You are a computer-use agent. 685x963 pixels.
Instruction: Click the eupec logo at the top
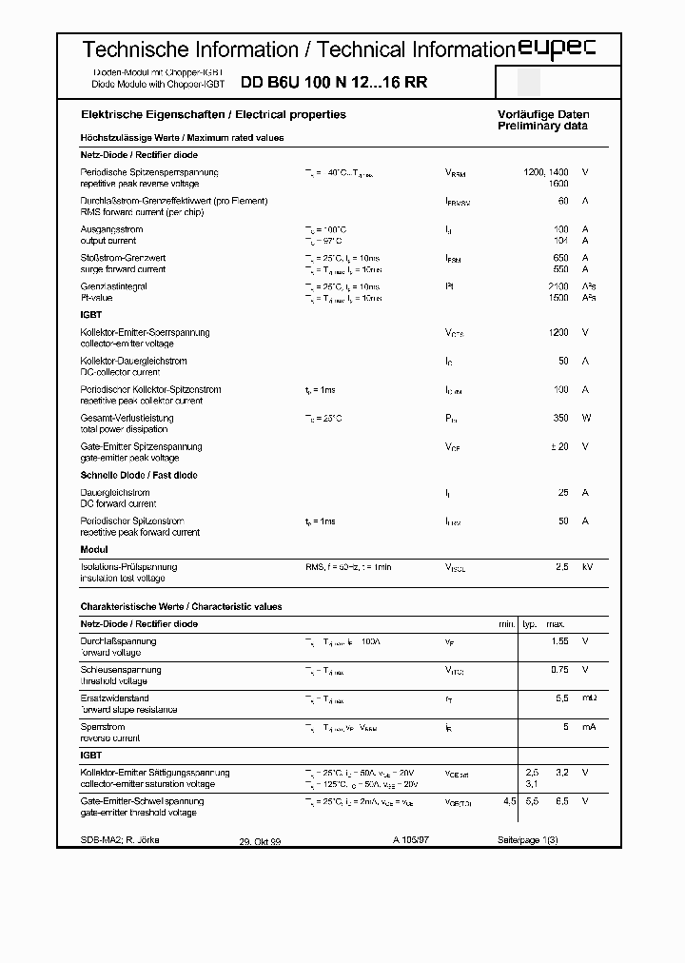pyautogui.click(x=556, y=50)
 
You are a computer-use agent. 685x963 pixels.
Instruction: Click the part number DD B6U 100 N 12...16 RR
pyautogui.click(x=334, y=83)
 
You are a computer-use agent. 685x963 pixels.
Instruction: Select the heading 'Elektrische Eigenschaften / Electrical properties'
pyautogui.click(x=213, y=114)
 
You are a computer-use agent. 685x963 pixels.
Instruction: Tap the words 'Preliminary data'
pyautogui.click(x=542, y=126)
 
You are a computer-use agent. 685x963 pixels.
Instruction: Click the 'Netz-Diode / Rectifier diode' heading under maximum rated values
pyautogui.click(x=139, y=154)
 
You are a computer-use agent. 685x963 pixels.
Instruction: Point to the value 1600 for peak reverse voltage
pyautogui.click(x=558, y=183)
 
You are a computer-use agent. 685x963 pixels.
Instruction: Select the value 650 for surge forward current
pyautogui.click(x=560, y=258)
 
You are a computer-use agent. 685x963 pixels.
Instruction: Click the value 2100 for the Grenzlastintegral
pyautogui.click(x=558, y=286)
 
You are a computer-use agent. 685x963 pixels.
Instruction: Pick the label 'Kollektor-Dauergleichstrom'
pyautogui.click(x=134, y=362)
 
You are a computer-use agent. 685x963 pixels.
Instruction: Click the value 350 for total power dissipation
pyautogui.click(x=560, y=418)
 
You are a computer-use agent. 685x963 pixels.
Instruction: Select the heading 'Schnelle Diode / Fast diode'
pyautogui.click(x=139, y=475)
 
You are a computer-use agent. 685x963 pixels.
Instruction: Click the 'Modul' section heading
pyautogui.click(x=94, y=549)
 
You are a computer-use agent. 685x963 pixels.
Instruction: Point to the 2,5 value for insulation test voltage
pyautogui.click(x=561, y=567)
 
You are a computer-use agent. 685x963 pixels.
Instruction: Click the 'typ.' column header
pyautogui.click(x=530, y=623)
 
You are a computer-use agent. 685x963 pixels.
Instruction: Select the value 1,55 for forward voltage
pyautogui.click(x=559, y=641)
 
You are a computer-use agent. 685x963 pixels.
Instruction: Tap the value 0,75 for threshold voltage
pyautogui.click(x=559, y=670)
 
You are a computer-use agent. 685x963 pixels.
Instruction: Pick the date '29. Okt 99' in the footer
pyautogui.click(x=260, y=839)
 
